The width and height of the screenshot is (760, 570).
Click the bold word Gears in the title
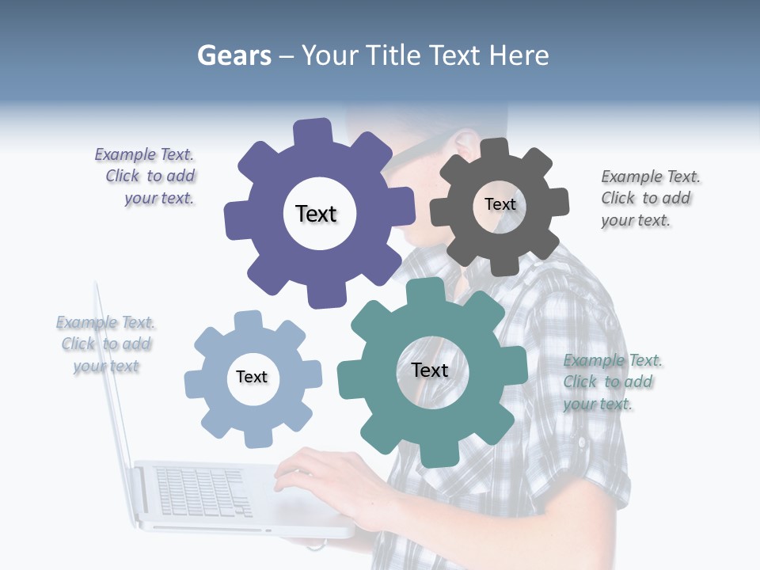click(x=234, y=55)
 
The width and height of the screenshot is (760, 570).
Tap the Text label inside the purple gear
click(x=316, y=214)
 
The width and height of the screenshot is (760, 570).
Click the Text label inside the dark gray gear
click(x=500, y=204)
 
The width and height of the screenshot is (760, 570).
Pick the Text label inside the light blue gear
click(x=252, y=377)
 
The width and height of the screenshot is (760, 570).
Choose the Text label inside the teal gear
click(x=430, y=370)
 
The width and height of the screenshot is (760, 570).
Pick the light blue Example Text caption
click(x=106, y=344)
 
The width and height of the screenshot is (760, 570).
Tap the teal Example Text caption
click(x=611, y=382)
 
